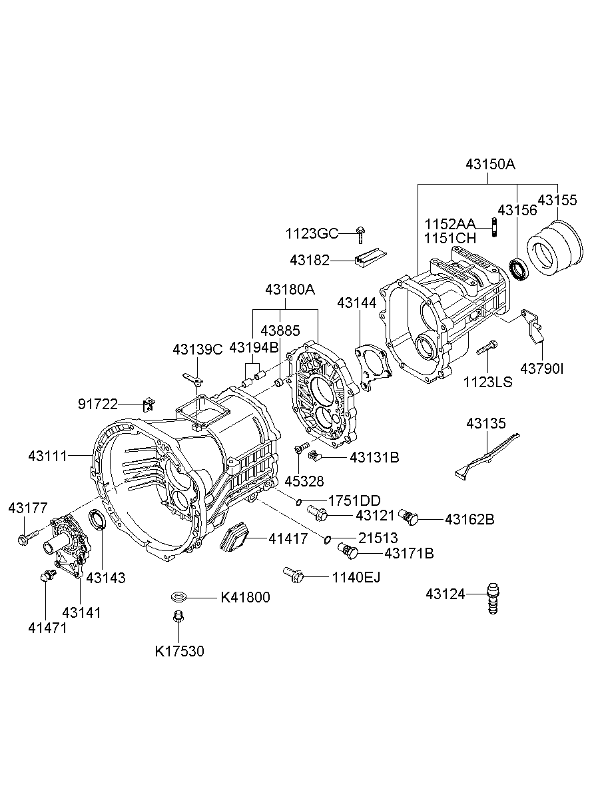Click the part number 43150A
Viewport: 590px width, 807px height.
pos(490,165)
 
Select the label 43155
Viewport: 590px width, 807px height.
pos(559,200)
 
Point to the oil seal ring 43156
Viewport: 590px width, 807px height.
pos(519,268)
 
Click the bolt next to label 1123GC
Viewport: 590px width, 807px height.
pos(360,234)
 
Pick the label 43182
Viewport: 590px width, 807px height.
pos(310,261)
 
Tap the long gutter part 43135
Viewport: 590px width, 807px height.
pos(487,455)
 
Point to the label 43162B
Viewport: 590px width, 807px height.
pos(469,519)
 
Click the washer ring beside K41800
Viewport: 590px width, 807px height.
pos(178,595)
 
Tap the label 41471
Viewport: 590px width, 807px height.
pos(47,627)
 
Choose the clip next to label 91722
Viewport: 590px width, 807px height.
pos(148,404)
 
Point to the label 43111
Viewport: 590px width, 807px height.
pos(48,456)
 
